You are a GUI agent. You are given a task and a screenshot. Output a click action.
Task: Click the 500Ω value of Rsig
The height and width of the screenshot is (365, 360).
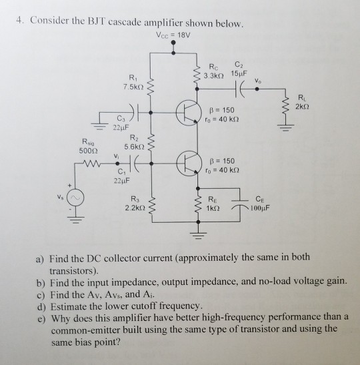[85, 151]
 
